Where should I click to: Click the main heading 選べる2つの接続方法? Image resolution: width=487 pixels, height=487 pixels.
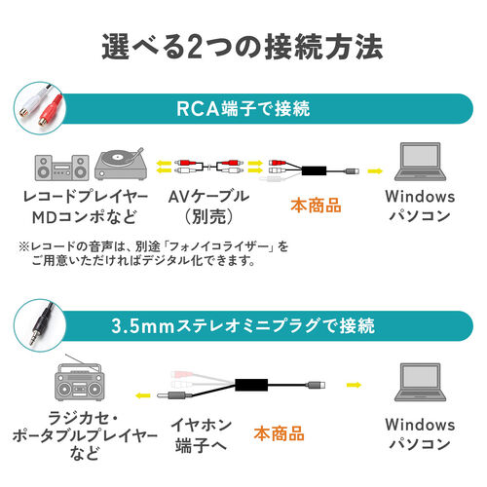tap(243, 45)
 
